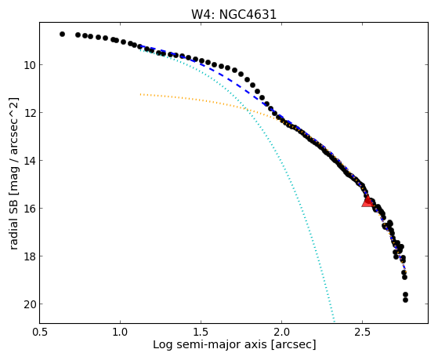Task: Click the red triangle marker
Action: point(367,202)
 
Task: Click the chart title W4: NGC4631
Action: point(233,15)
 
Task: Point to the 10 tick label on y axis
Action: point(29,65)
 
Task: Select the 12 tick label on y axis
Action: point(29,113)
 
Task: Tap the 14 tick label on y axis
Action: point(29,161)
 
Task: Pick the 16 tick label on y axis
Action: point(29,209)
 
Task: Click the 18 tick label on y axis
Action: point(29,256)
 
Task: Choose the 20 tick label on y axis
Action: point(29,304)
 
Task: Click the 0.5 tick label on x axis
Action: point(40,332)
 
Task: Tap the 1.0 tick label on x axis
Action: point(120,332)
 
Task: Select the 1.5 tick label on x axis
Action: point(201,332)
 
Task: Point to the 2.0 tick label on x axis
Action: point(281,332)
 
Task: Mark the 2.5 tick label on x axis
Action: point(362,332)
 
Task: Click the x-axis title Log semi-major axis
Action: point(210,345)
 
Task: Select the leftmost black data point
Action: point(62,35)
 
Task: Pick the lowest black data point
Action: point(405,300)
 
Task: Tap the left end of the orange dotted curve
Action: point(141,94)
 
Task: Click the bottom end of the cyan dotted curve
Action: point(334,321)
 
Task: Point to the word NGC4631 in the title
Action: point(248,15)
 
